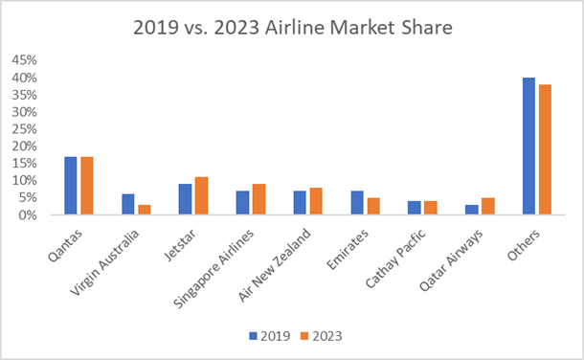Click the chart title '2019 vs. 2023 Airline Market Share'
pyautogui.click(x=291, y=28)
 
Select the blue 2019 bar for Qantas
pyautogui.click(x=71, y=186)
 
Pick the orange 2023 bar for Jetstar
pyautogui.click(x=200, y=196)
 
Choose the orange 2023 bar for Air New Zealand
pyautogui.click(x=315, y=201)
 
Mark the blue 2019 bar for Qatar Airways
pyautogui.click(x=472, y=210)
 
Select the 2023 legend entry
pyautogui.click(x=321, y=336)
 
